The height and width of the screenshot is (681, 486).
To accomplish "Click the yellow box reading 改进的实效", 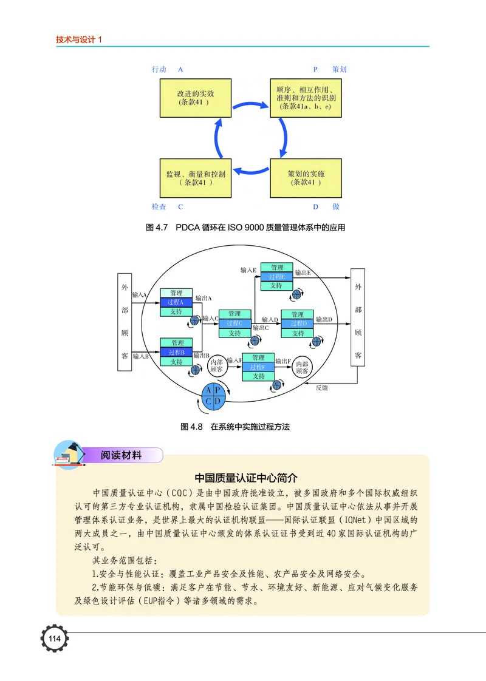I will (x=195, y=98).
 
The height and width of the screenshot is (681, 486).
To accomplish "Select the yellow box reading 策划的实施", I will (x=306, y=177).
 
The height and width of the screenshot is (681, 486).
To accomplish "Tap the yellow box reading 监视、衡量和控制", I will (x=195, y=177).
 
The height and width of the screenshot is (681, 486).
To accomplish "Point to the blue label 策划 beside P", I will (x=340, y=69).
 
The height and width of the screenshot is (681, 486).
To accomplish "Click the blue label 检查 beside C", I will (x=159, y=207).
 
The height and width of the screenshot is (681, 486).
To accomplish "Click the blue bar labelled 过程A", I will (x=176, y=302).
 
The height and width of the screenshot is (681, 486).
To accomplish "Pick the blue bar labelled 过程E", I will (x=277, y=277).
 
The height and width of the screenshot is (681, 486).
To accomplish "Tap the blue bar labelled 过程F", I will (x=258, y=367).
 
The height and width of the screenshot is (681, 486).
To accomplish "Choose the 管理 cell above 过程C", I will (x=234, y=314).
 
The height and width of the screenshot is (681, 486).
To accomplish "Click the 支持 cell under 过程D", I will (x=298, y=333).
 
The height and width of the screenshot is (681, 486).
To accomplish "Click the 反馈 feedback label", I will (x=321, y=388).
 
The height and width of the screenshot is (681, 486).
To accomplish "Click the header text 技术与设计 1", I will (x=82, y=39).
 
